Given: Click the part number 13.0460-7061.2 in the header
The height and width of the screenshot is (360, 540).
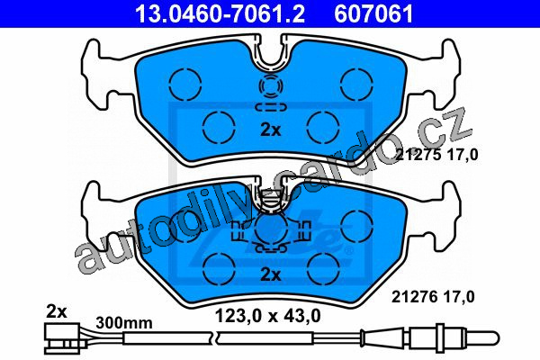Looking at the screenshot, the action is (x=220, y=13).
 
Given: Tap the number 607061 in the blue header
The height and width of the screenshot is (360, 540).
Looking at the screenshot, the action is (x=373, y=13).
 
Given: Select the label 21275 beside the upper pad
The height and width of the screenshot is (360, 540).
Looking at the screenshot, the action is (x=418, y=155).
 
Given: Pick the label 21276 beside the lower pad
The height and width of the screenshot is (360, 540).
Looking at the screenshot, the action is (x=415, y=297).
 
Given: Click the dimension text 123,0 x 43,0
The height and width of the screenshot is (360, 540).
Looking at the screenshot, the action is (x=267, y=315).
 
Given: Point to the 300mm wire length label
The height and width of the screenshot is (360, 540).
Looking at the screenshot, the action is (x=124, y=323).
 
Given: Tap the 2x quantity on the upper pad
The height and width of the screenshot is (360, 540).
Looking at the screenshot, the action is (x=271, y=130).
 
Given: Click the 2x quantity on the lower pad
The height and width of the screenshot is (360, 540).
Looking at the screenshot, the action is (x=271, y=274).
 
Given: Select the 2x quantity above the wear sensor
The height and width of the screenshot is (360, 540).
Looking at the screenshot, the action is (x=57, y=311).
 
